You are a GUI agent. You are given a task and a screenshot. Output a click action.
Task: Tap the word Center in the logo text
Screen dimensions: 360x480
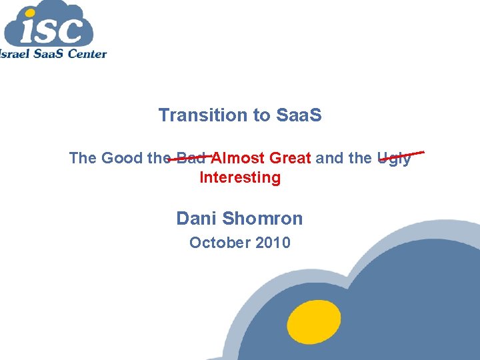[85, 53]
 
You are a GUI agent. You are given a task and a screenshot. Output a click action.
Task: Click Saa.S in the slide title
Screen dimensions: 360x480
[298, 115]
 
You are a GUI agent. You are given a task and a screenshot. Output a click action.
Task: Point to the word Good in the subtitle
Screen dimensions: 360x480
[123, 158]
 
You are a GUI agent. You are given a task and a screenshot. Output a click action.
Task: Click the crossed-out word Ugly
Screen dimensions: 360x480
[394, 159]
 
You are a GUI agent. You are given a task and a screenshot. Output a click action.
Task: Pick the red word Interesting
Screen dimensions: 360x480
[240, 177]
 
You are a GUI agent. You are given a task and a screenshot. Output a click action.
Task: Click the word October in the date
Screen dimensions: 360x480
[218, 243]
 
